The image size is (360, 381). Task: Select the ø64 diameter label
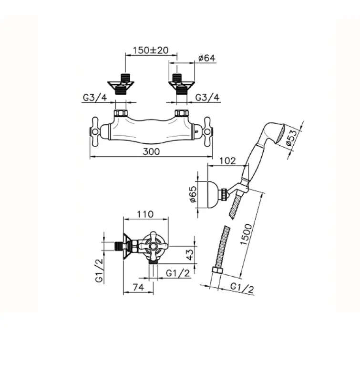click(x=206, y=58)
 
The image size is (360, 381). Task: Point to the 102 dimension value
click(x=228, y=160)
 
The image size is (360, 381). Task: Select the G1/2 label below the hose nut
click(x=242, y=287)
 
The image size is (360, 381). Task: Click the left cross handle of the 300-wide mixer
click(x=95, y=130)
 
